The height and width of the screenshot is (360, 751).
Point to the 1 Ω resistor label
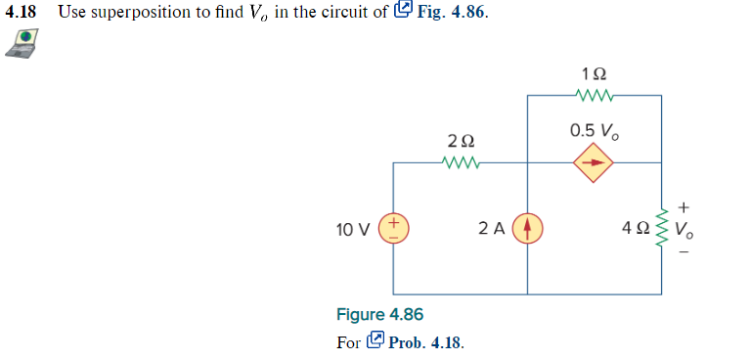tap(594, 74)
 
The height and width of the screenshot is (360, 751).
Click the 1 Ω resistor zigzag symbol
tap(594, 95)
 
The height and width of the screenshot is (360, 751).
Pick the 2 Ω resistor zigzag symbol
tap(461, 162)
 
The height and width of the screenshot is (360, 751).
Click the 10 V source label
tap(352, 230)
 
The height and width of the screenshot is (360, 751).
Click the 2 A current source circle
tap(528, 229)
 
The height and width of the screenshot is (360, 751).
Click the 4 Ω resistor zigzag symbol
tap(662, 229)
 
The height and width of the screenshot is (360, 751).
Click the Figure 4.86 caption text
tap(379, 315)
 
